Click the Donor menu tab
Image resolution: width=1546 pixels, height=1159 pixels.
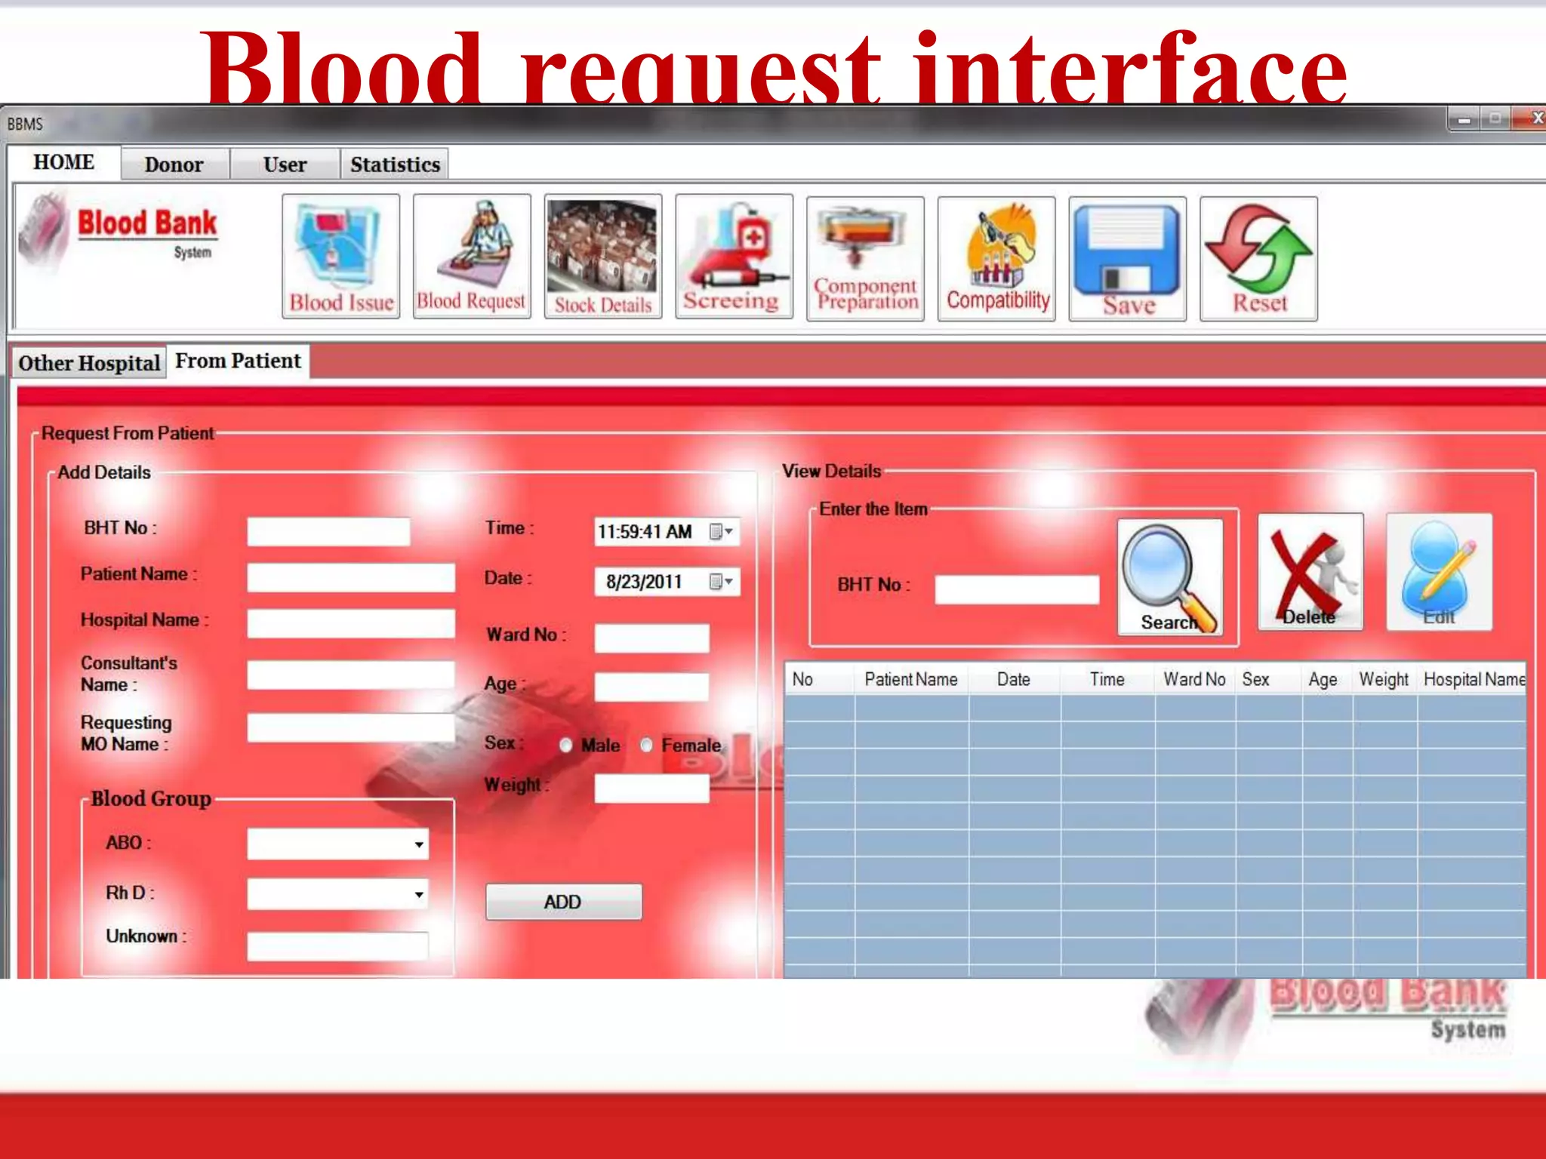click(x=174, y=164)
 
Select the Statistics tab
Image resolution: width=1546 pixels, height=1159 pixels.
click(x=395, y=164)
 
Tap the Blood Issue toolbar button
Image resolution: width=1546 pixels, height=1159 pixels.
click(x=341, y=257)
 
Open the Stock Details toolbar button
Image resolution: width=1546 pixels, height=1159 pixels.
click(x=602, y=257)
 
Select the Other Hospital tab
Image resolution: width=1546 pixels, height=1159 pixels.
click(x=89, y=363)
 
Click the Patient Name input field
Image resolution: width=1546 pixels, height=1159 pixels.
click(x=351, y=578)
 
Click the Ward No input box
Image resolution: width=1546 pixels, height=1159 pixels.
click(x=651, y=638)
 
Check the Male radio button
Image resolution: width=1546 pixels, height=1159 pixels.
click(x=566, y=746)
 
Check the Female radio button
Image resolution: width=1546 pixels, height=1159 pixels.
click(x=647, y=746)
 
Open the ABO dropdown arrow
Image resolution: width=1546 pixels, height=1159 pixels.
click(x=419, y=844)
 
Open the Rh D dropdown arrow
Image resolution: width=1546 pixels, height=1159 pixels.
click(x=419, y=895)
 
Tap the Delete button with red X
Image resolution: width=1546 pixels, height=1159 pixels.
click(x=1310, y=572)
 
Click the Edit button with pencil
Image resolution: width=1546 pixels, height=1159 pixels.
click(x=1439, y=572)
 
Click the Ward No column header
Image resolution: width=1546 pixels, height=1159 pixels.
click(x=1194, y=680)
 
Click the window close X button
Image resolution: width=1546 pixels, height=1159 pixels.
click(x=1535, y=118)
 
